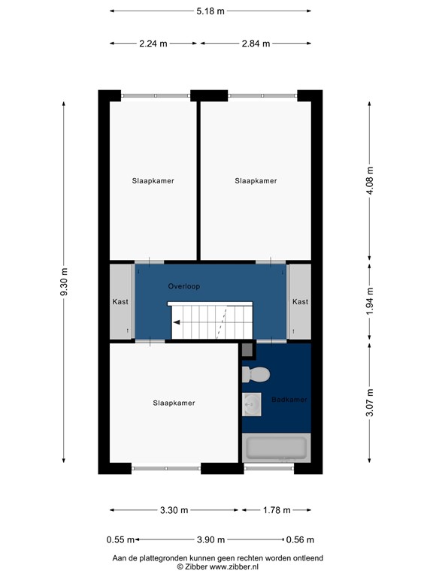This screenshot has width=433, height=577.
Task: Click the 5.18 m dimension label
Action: (210, 11)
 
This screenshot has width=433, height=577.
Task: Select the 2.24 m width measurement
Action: (153, 43)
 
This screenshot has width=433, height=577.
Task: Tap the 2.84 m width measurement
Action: (255, 43)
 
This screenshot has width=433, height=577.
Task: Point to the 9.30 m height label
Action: (64, 282)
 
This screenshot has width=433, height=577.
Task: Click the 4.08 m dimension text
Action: (369, 180)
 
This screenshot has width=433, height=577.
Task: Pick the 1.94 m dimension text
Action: (369, 302)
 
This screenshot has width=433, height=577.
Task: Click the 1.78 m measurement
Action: (275, 510)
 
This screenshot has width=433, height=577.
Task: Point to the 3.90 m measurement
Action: (210, 539)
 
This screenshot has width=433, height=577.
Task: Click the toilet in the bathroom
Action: (255, 373)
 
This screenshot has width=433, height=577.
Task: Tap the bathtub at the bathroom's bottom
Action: (276, 449)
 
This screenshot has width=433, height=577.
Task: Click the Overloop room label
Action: (183, 286)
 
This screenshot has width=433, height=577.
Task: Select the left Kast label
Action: (120, 302)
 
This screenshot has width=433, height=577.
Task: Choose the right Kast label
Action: (300, 302)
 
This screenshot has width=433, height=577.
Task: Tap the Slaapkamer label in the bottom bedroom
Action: (174, 403)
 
